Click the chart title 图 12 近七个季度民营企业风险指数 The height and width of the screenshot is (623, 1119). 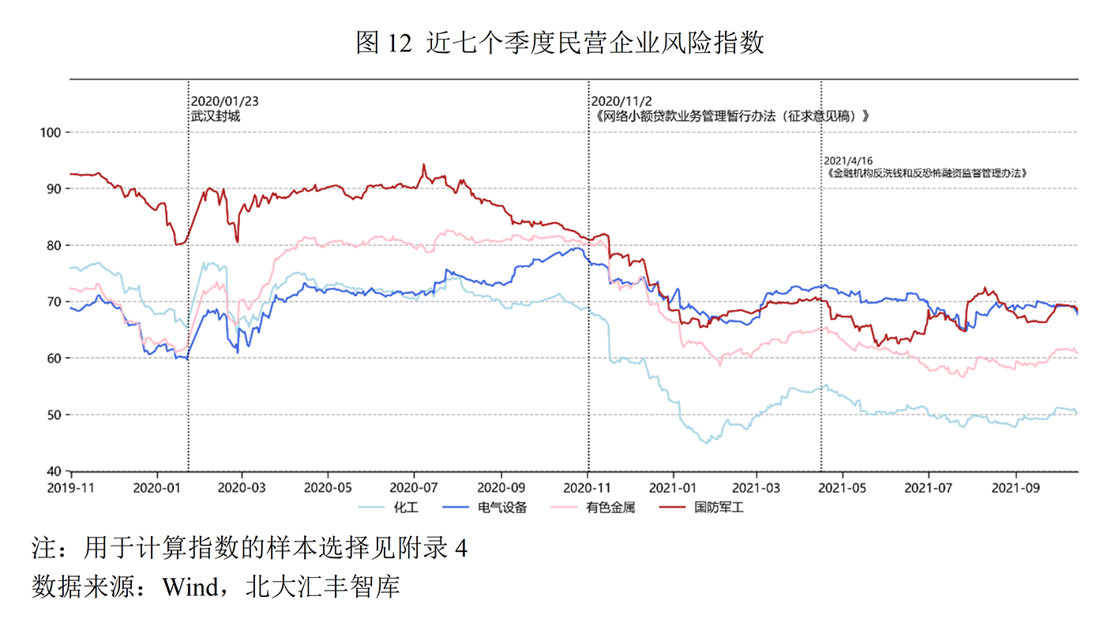tap(559, 43)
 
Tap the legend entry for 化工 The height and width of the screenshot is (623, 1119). tap(389, 508)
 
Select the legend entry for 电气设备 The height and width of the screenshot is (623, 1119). tap(485, 508)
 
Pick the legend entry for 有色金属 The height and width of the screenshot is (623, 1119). tap(593, 508)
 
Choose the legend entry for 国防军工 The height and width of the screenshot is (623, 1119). tap(701, 508)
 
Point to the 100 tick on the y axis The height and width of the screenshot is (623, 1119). tap(51, 133)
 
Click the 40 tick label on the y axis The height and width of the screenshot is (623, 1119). tap(54, 471)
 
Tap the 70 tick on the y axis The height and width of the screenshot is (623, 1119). tap(54, 301)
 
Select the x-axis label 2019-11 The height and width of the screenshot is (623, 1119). tap(71, 488)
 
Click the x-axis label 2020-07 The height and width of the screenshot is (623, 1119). tap(414, 488)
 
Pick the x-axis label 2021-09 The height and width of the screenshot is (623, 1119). tap(1016, 488)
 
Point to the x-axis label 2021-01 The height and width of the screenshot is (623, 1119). tap(673, 488)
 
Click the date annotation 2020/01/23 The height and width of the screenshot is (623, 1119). tap(225, 101)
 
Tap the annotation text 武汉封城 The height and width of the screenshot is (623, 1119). tap(216, 116)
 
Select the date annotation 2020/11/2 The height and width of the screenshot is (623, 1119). tap(621, 101)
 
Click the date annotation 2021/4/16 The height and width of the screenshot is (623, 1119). tap(848, 161)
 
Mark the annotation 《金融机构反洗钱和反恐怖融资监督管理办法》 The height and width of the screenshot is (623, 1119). tap(926, 173)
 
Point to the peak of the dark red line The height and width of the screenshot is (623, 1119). tap(423, 164)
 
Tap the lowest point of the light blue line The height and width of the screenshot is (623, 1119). tap(706, 444)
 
